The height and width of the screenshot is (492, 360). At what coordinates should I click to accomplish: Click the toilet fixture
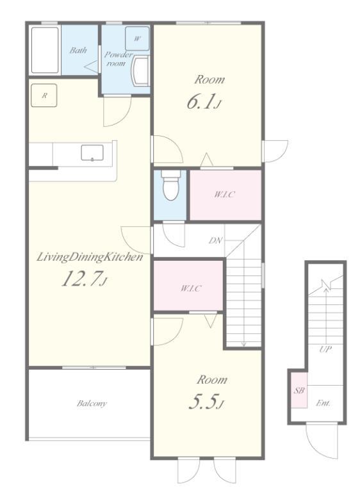(x=170, y=185)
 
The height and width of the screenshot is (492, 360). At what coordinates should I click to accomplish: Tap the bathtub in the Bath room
(x=45, y=50)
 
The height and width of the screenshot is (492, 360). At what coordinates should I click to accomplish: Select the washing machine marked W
(x=137, y=38)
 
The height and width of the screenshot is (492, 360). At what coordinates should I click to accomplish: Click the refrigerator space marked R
(x=44, y=95)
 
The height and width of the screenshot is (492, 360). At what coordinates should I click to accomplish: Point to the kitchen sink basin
(x=92, y=153)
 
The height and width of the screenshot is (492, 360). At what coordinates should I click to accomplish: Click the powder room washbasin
(x=140, y=70)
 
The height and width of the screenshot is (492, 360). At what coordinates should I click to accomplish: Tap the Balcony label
(x=92, y=403)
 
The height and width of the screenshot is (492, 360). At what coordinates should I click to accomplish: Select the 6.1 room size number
(x=202, y=102)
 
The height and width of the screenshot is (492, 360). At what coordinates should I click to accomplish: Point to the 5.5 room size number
(x=206, y=402)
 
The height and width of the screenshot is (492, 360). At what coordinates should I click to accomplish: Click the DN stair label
(x=216, y=241)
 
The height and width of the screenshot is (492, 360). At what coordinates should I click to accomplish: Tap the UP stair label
(x=325, y=349)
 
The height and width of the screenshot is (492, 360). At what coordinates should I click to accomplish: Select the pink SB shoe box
(x=299, y=390)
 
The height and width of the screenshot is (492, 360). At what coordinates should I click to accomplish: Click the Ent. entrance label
(x=323, y=403)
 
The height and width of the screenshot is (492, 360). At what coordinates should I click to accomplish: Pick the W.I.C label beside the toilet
(x=224, y=195)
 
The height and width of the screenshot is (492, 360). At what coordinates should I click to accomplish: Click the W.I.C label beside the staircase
(x=190, y=288)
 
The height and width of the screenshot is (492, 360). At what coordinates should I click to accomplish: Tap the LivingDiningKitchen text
(x=90, y=258)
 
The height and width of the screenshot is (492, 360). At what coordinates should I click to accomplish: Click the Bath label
(x=78, y=50)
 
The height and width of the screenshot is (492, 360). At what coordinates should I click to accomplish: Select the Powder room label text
(x=118, y=59)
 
